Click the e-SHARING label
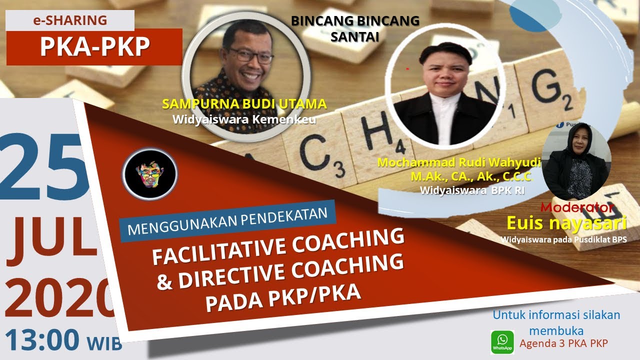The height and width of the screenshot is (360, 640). pos(70,20)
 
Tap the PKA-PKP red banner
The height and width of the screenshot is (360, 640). pos(94,47)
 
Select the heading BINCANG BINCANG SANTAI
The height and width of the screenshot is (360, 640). pos(355,28)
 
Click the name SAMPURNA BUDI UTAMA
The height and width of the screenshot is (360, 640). pos(244,104)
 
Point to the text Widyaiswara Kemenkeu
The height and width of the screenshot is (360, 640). pos(244,120)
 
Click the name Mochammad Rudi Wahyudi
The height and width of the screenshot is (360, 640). pos(459,163)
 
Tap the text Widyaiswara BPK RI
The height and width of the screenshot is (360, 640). pos(472,190)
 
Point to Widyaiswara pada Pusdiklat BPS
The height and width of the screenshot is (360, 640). pos(563,239)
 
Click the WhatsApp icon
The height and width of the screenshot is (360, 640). pos(502,342)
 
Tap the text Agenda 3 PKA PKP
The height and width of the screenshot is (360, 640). pos(563,343)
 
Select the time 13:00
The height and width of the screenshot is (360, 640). pos(42,339)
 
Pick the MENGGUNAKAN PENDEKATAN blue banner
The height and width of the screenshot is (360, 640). pos(227,221)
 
